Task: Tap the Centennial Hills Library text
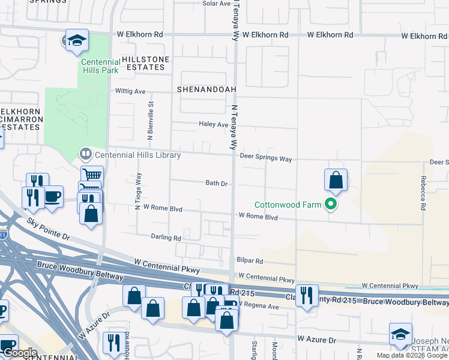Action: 137,155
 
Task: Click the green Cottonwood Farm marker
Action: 330,205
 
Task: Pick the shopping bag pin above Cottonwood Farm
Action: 336,180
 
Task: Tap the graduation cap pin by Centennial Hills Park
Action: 77,40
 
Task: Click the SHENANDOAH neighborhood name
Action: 204,89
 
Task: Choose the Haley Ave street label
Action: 214,124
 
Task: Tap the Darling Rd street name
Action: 166,238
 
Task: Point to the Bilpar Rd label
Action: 250,261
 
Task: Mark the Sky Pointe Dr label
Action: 49,230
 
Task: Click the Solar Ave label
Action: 217,4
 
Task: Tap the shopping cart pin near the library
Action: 92,176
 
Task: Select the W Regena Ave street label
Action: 259,306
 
